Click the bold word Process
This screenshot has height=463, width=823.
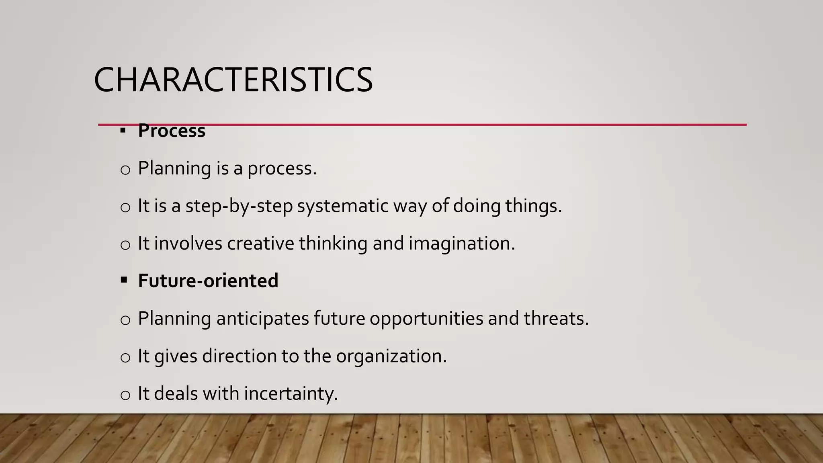(172, 131)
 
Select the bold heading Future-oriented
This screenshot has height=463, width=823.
(208, 281)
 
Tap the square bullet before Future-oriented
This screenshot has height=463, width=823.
(124, 280)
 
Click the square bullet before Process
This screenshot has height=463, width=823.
(123, 131)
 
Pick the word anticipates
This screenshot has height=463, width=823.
(262, 318)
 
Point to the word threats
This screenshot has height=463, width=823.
(556, 318)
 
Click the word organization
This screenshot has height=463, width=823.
(391, 356)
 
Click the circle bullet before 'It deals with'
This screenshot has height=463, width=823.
(125, 395)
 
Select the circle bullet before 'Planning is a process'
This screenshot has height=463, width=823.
(125, 170)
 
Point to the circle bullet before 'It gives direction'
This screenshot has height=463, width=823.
(125, 357)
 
